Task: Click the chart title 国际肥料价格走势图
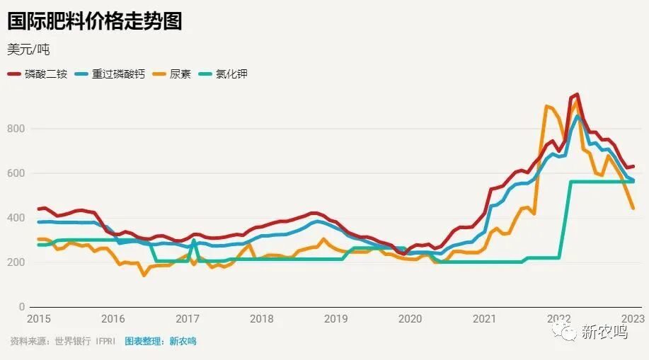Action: [94, 21]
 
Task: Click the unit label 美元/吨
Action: [28, 50]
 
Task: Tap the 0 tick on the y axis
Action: [21, 307]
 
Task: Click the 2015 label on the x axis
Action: [39, 319]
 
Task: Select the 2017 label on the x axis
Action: [188, 319]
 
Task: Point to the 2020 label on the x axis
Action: [410, 319]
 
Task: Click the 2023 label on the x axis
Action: [632, 319]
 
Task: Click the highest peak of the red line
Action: [577, 94]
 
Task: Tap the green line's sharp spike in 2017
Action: [193, 240]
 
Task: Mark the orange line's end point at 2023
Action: [633, 208]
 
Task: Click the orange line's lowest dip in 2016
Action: [144, 274]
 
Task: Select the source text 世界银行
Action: [73, 341]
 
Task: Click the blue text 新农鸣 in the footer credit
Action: [183, 341]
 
